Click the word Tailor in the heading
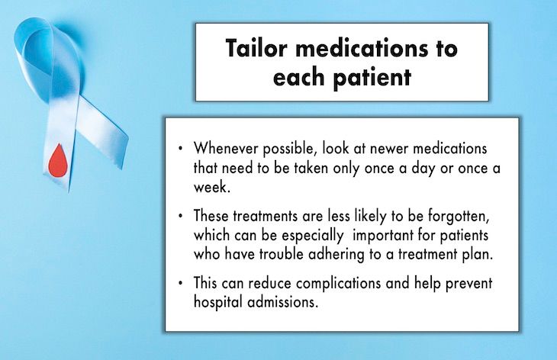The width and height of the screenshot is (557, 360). coord(256,50)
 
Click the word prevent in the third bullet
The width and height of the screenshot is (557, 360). coord(467,284)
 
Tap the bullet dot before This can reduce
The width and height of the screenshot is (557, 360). coord(180,284)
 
